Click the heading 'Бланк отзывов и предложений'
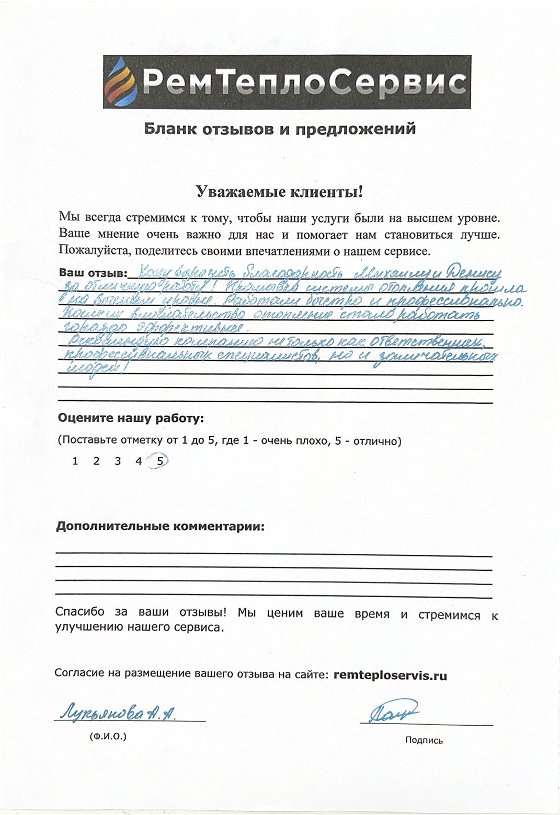tap(280, 129)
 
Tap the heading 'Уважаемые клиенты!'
tap(279, 192)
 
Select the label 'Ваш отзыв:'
tap(93, 273)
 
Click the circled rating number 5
tap(160, 461)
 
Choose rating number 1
tap(75, 461)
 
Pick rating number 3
tap(118, 461)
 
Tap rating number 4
tap(139, 461)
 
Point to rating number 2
tap(96, 461)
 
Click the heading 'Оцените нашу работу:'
tap(131, 418)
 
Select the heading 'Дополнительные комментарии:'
tap(160, 526)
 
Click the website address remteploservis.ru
tap(390, 675)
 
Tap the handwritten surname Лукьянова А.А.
tap(118, 713)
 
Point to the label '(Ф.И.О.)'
tap(108, 737)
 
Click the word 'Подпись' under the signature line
tap(424, 740)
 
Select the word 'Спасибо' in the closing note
tap(79, 612)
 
